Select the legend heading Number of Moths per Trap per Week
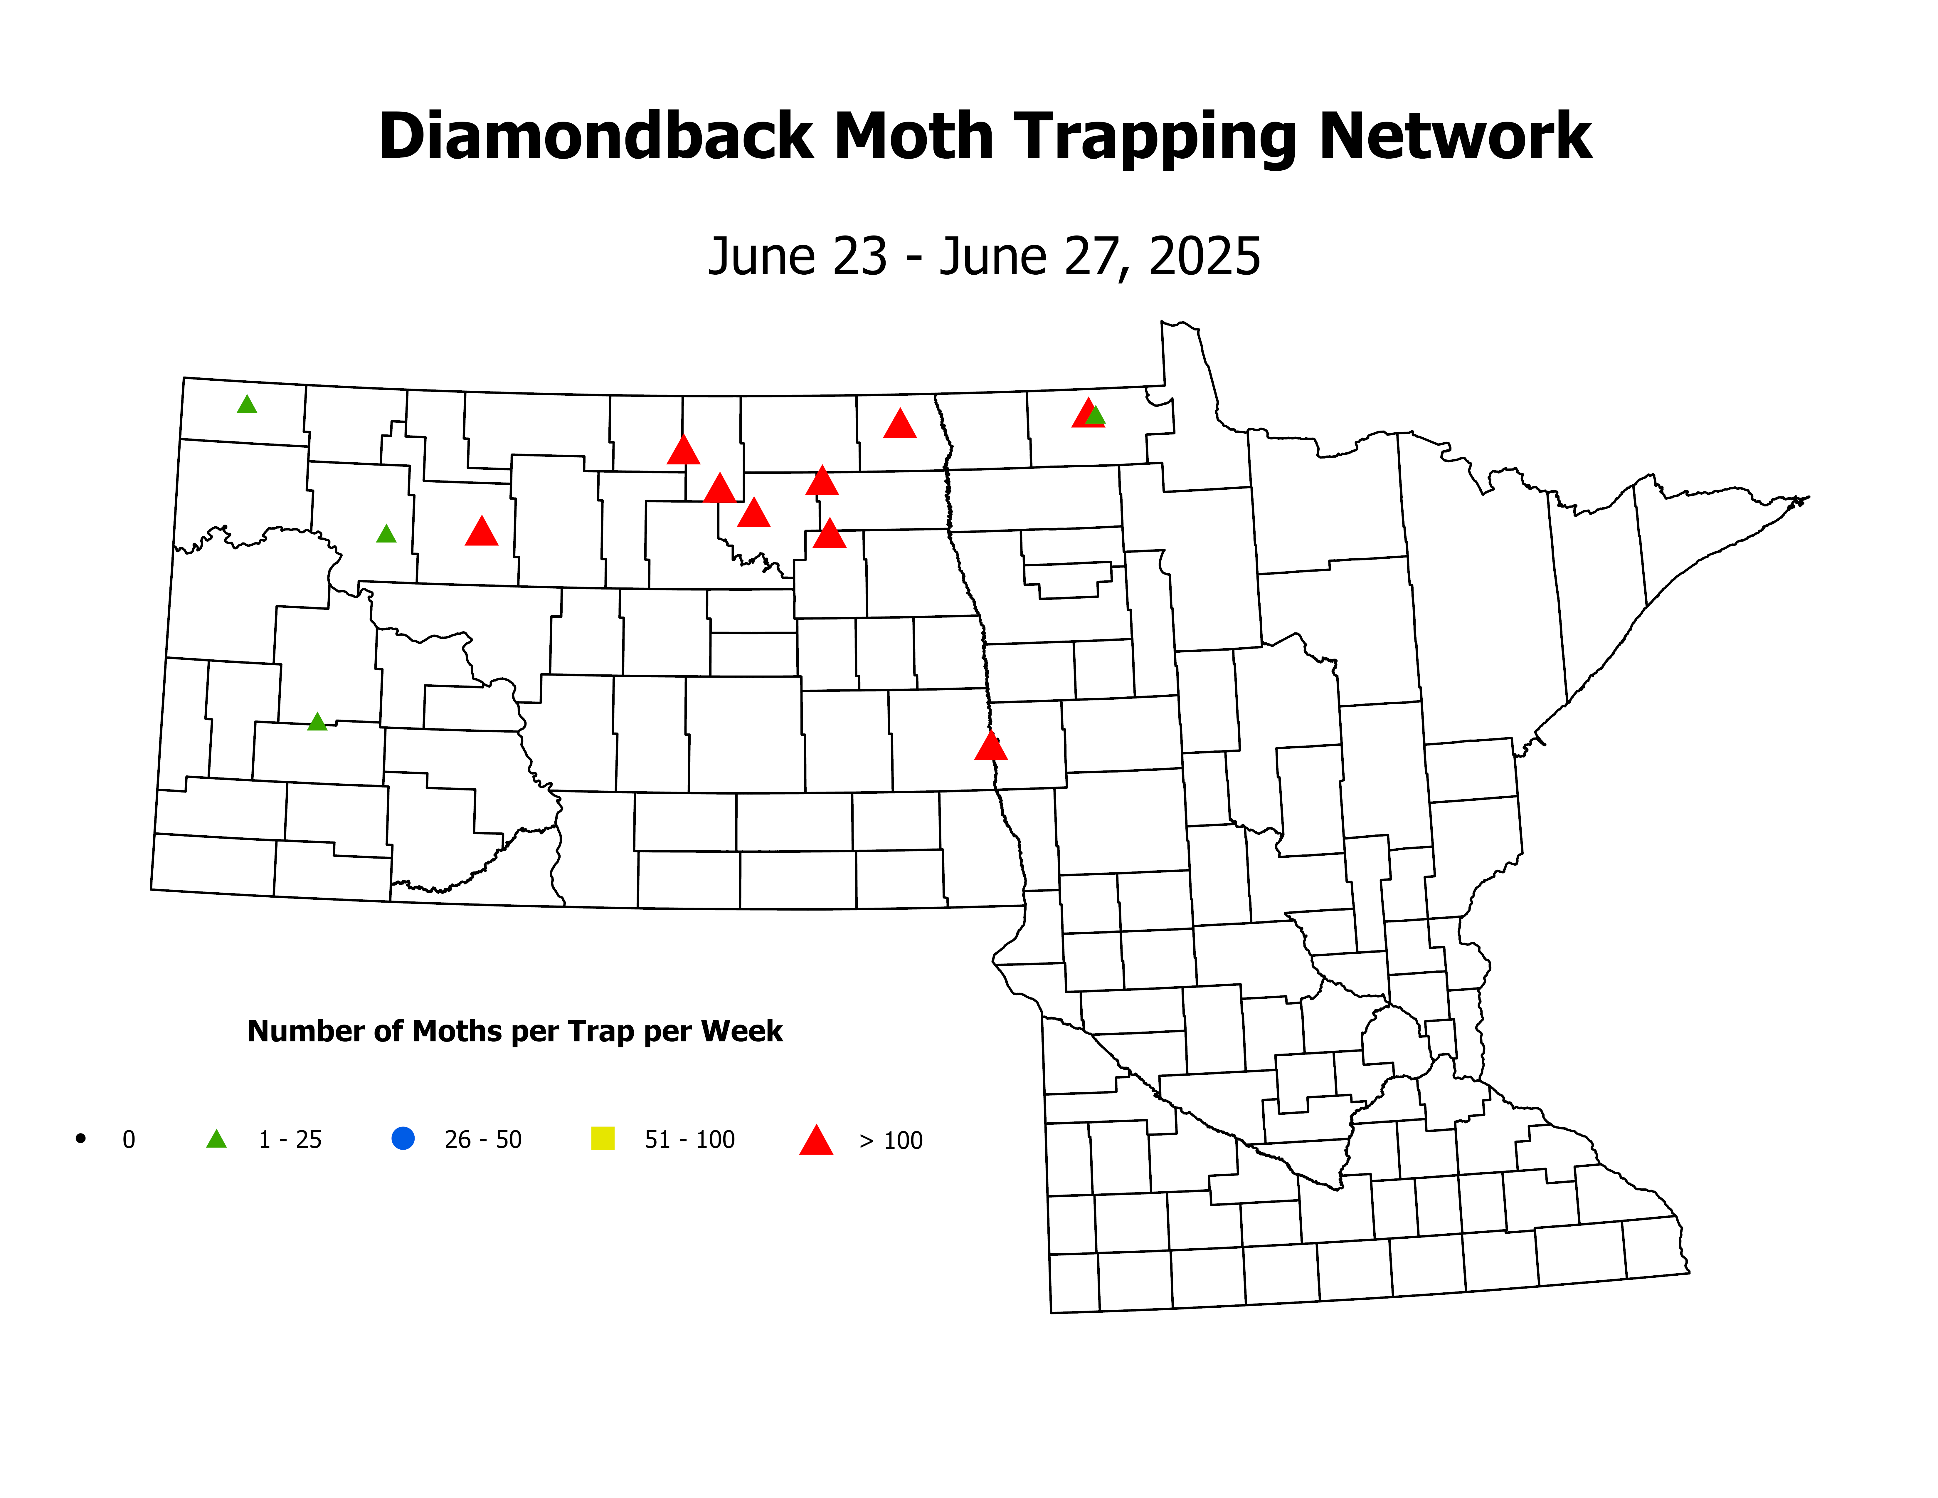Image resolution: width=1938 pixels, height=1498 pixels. point(515,1031)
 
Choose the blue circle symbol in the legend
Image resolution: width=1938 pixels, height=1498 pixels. point(403,1138)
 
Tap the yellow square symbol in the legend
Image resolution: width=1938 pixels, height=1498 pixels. point(603,1138)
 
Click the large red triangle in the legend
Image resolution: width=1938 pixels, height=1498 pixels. point(816,1140)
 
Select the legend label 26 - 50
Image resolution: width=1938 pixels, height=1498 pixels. point(483,1139)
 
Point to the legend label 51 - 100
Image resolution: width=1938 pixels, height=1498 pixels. point(689,1139)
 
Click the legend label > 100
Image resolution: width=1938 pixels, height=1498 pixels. point(891,1140)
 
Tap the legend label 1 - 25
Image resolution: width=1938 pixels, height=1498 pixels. point(290,1139)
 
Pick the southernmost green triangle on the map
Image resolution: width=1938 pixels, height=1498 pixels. point(317,722)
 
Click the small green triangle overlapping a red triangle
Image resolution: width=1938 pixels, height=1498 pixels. point(1096,415)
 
